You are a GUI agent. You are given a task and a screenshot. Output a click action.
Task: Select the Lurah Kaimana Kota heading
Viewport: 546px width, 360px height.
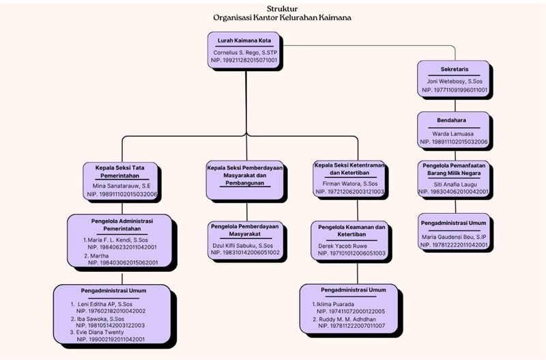click(x=244, y=40)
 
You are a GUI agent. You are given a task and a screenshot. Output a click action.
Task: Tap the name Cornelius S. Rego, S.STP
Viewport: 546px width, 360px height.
click(x=244, y=52)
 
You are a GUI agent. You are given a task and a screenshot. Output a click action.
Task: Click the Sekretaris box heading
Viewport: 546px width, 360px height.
click(x=454, y=70)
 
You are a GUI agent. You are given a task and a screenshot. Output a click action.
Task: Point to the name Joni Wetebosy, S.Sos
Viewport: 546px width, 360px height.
click(x=454, y=81)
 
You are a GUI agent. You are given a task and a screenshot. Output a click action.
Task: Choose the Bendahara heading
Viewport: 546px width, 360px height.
click(x=454, y=120)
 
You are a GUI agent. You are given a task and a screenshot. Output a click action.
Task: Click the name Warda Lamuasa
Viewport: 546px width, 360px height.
click(x=454, y=133)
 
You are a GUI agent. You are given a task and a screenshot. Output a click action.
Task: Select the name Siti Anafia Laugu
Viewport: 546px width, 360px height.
click(x=454, y=184)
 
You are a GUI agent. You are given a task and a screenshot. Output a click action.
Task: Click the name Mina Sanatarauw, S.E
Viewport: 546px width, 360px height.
click(x=121, y=186)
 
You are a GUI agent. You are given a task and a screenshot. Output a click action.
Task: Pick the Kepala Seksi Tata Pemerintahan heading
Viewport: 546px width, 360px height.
click(x=121, y=169)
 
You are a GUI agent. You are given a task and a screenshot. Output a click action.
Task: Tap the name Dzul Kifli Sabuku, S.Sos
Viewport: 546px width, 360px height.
click(x=245, y=245)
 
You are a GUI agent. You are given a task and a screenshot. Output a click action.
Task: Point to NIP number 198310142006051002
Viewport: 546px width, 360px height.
click(x=245, y=252)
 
